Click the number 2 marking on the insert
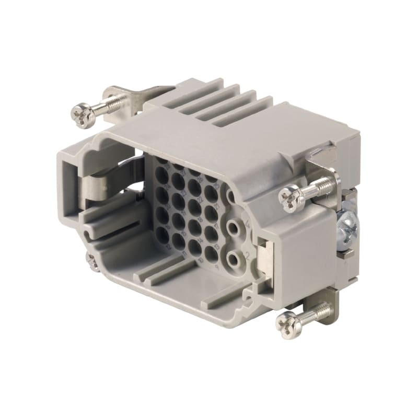pyautogui.click(x=247, y=256)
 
